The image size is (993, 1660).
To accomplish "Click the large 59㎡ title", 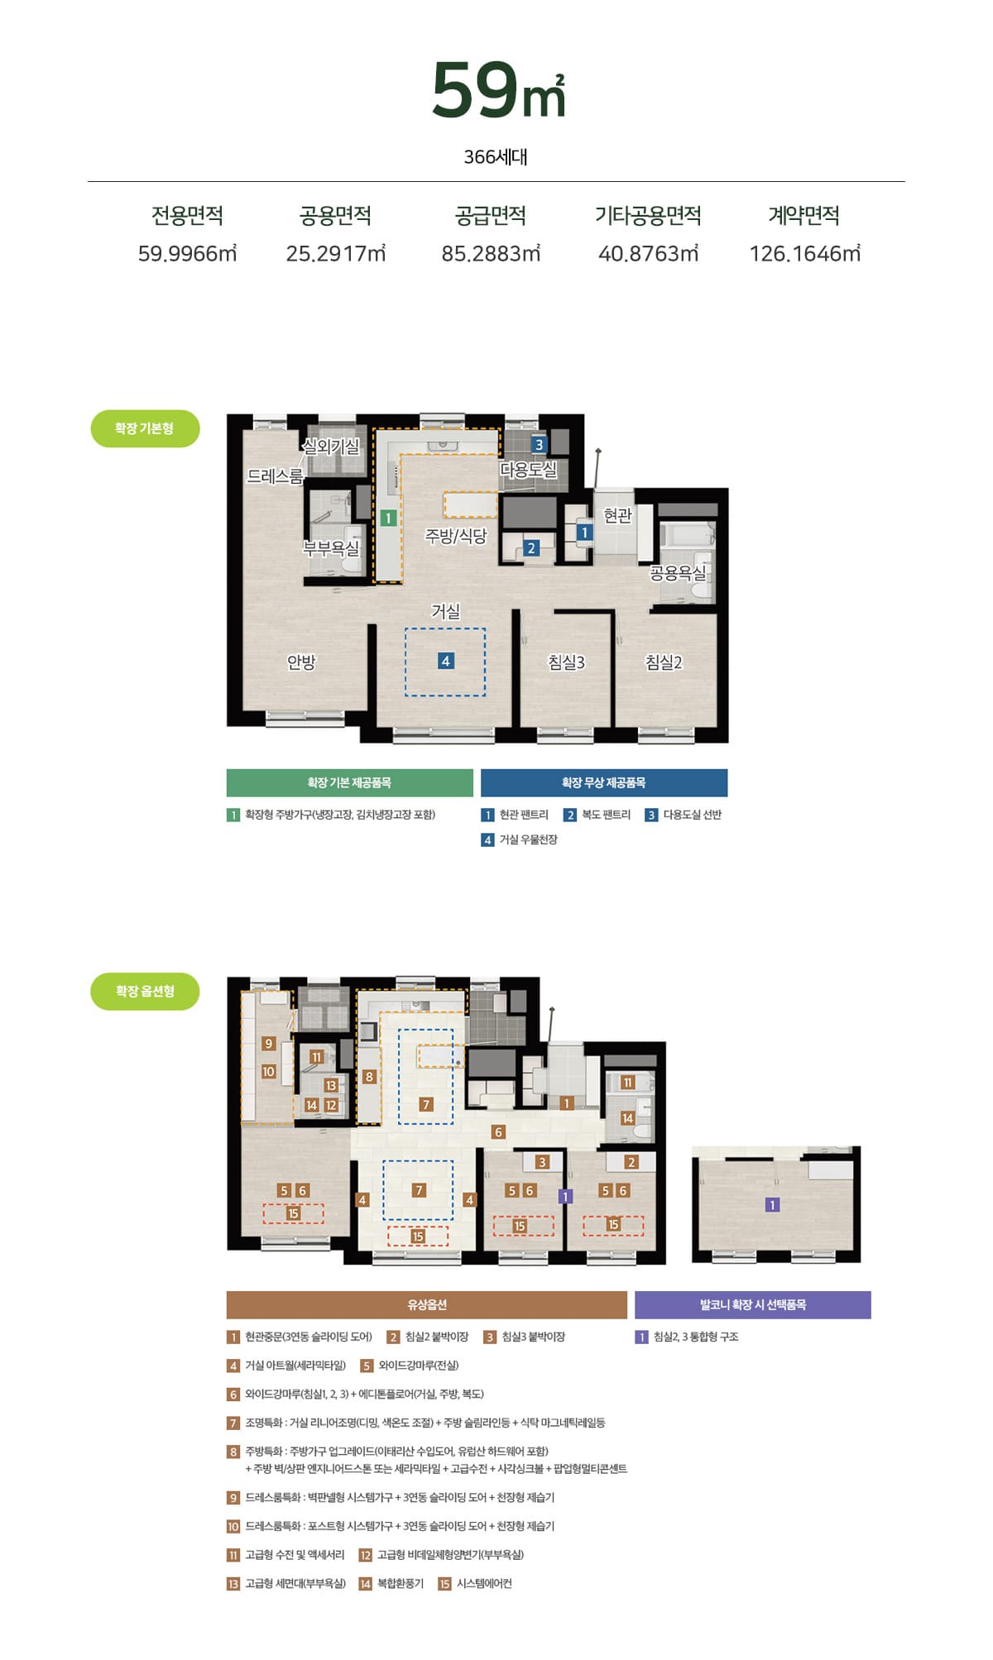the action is (497, 90).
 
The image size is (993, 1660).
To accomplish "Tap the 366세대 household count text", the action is (496, 156).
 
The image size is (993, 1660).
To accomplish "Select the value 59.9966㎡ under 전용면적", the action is (187, 253).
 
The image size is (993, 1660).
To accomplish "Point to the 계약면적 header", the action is (804, 216).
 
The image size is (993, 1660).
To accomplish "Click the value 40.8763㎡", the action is (649, 253).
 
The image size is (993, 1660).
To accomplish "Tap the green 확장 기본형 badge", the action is (145, 428).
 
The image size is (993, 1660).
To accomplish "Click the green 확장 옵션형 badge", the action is (145, 991).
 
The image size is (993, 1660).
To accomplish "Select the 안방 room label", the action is (301, 662).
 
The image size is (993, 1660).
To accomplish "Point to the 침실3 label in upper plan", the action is (566, 662).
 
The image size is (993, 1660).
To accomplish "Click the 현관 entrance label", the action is (617, 515).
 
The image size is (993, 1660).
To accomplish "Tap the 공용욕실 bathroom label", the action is (678, 572).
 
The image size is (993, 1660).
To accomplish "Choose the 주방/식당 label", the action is (456, 536).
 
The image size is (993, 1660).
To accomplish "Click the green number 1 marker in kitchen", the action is (388, 518).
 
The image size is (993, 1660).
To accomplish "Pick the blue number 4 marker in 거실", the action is (446, 661).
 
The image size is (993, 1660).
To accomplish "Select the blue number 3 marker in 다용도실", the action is (539, 445).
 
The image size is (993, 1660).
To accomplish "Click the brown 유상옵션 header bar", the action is (427, 1304).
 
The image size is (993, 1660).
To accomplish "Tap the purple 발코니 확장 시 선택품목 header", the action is (753, 1304).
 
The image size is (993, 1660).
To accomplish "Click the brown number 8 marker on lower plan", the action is (369, 1076).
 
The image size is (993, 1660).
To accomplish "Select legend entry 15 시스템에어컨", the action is (475, 1583).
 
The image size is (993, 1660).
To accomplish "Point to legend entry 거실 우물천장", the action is (520, 840).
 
